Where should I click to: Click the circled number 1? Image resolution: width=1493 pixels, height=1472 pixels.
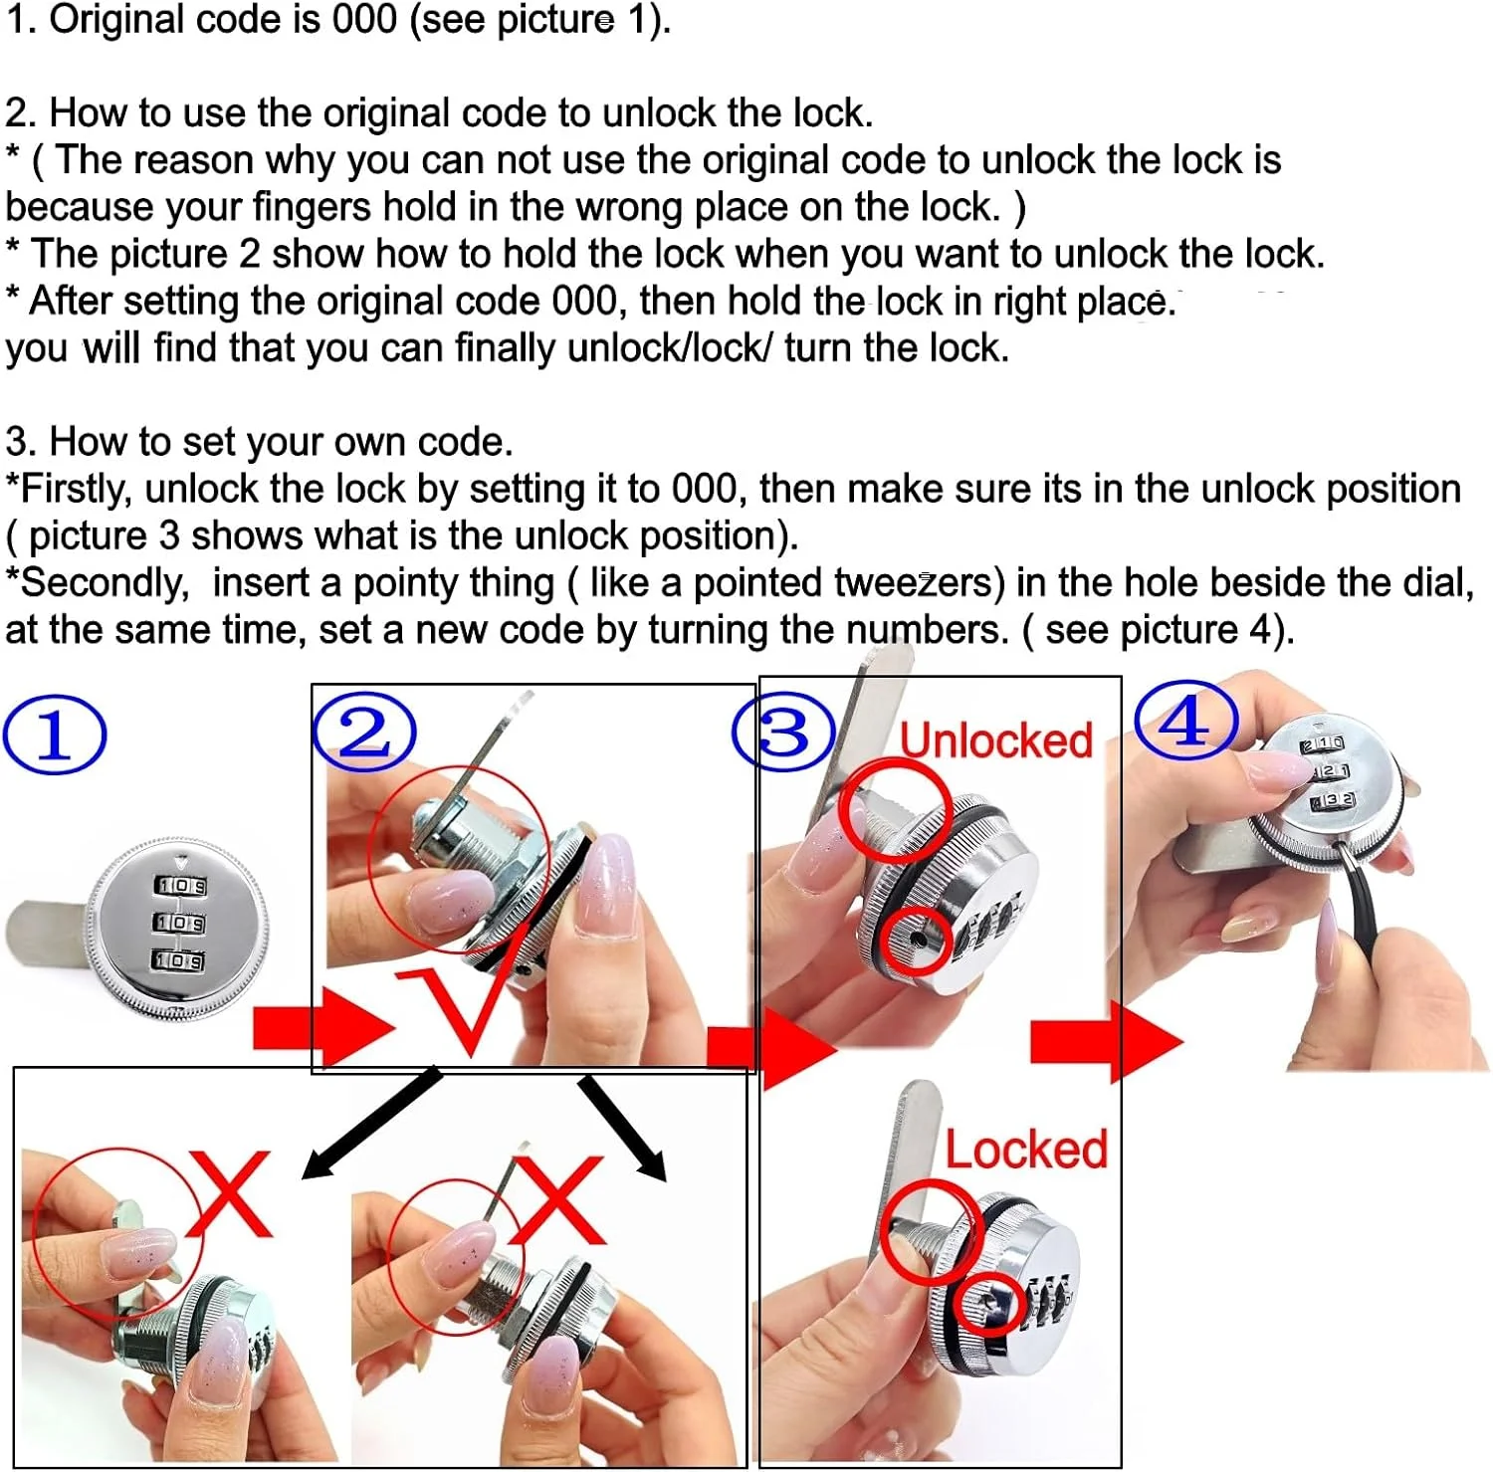pyautogui.click(x=55, y=736)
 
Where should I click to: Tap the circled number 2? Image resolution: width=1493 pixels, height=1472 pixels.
pyautogui.click(x=364, y=732)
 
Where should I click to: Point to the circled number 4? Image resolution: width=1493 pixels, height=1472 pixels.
pyautogui.click(x=1186, y=721)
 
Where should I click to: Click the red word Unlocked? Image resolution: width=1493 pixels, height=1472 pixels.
pyautogui.click(x=996, y=740)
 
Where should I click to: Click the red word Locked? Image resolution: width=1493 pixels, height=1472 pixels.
pyautogui.click(x=1026, y=1150)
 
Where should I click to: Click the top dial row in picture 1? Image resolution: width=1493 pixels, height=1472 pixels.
pyautogui.click(x=180, y=886)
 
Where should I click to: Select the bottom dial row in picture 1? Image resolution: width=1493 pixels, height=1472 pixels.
pyautogui.click(x=178, y=960)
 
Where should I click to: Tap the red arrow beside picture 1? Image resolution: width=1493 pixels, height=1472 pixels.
pyautogui.click(x=323, y=1027)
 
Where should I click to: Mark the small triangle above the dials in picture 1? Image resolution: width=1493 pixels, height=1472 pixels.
pyautogui.click(x=180, y=863)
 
